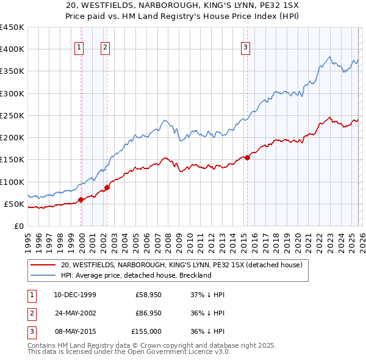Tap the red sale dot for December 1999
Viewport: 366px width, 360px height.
click(81, 200)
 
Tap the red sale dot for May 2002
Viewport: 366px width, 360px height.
click(107, 187)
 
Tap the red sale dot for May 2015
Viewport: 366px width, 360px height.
click(247, 157)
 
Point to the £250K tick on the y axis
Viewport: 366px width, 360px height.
click(12, 115)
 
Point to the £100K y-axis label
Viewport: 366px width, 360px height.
click(12, 182)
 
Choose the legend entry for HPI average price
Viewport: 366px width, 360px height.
click(135, 275)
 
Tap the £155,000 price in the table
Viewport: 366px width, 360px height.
click(147, 331)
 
